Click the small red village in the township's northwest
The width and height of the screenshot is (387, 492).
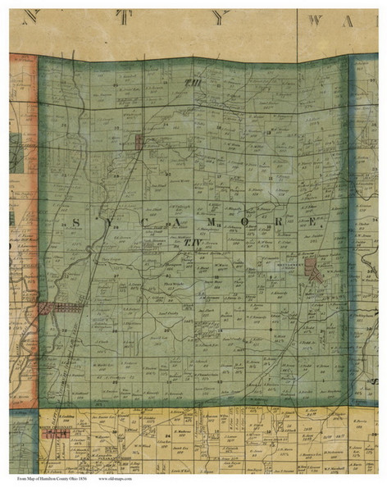pyautogui.click(x=140, y=142)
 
